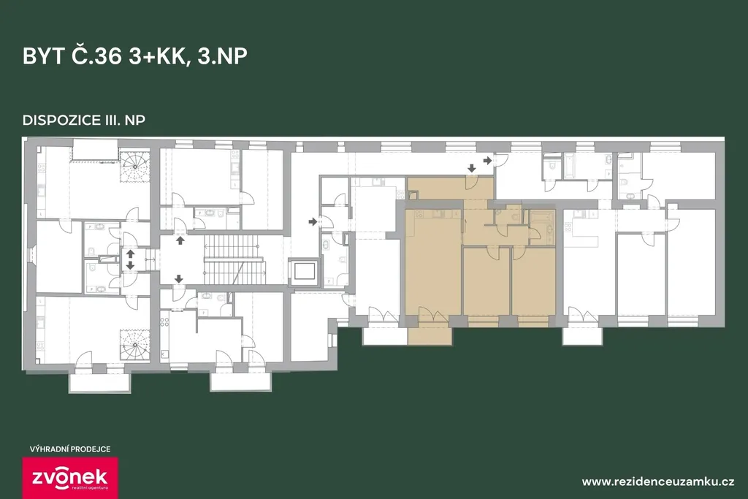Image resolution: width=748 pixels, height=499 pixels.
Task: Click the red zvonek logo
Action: coord(71,478)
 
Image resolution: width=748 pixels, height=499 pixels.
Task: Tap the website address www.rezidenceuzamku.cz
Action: coord(658,481)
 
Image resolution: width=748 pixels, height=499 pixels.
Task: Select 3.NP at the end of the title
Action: coord(222,56)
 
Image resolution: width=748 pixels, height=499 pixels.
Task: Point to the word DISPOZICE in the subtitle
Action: coord(60,120)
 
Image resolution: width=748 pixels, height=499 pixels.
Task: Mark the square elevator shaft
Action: coord(305,271)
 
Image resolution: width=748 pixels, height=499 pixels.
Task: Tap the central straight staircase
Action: coord(234,262)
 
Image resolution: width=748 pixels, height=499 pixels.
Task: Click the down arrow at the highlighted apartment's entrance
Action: coord(471,168)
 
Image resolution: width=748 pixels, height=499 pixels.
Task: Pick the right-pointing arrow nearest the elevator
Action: coord(313,221)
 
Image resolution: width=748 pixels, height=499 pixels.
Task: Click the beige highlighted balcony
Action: coord(430,335)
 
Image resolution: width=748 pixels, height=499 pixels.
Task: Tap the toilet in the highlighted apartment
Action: coord(514,216)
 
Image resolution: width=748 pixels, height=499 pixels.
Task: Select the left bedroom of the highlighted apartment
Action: coord(486,281)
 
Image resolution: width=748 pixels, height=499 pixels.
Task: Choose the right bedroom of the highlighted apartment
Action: coord(533,281)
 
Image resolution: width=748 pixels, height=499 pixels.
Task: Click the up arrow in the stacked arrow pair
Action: coord(130,254)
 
